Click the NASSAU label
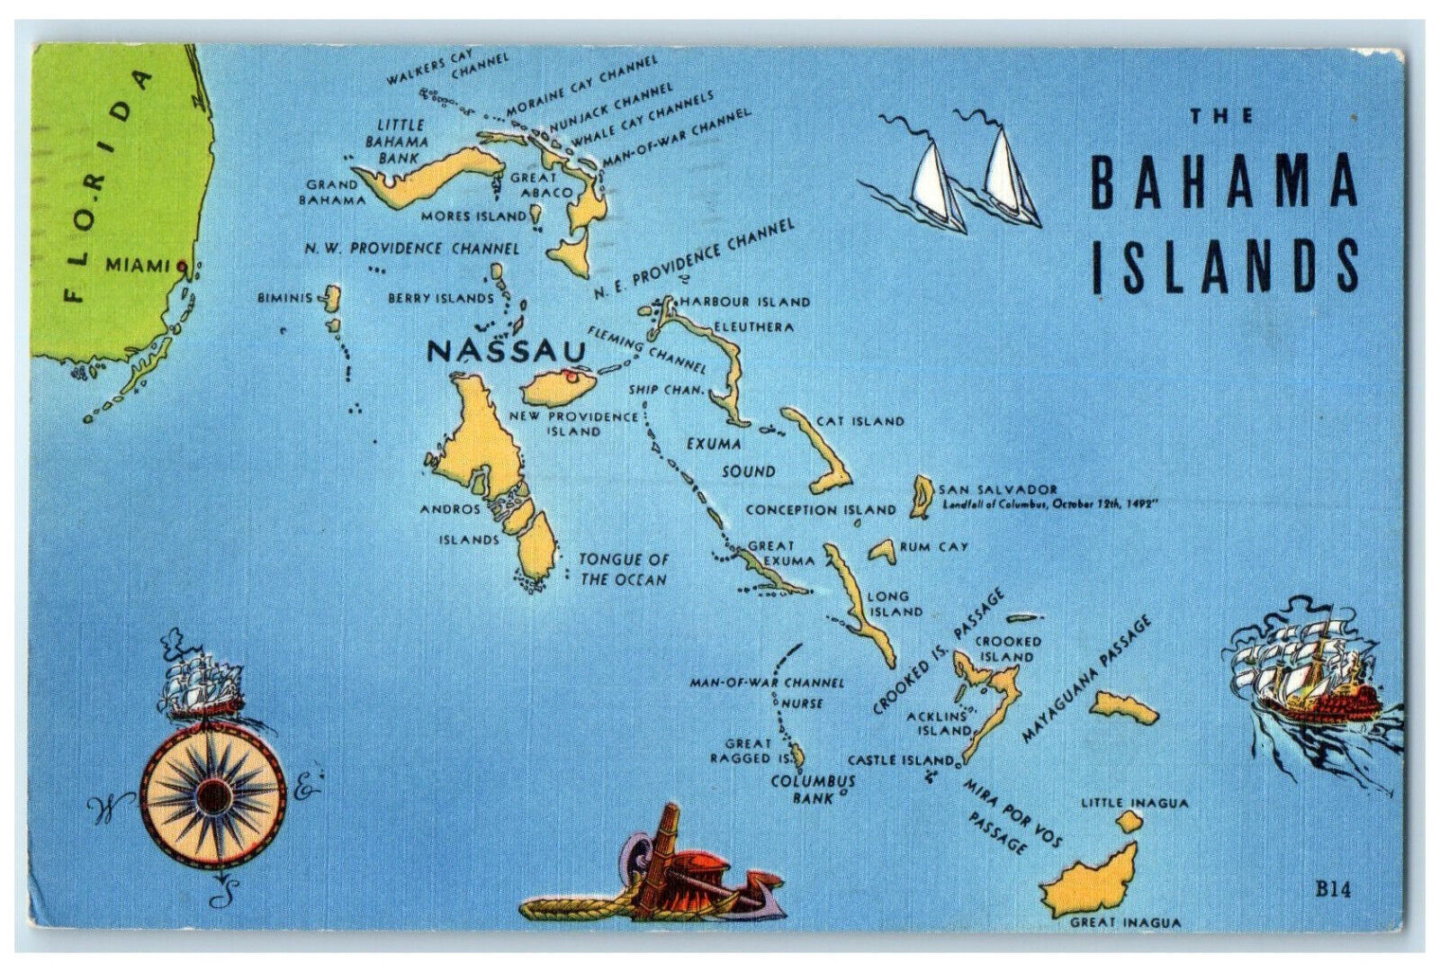tap(505, 350)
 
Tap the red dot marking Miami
tap(182, 265)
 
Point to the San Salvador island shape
tap(921, 497)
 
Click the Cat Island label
tap(859, 421)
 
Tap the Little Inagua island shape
tap(1128, 821)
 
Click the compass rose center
tap(213, 796)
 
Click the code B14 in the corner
tap(1334, 890)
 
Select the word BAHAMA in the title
tap(1223, 180)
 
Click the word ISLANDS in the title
tap(1223, 267)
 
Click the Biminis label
tap(284, 298)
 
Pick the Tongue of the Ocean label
tap(623, 570)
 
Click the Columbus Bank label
tap(812, 789)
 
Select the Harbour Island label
tap(745, 302)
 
